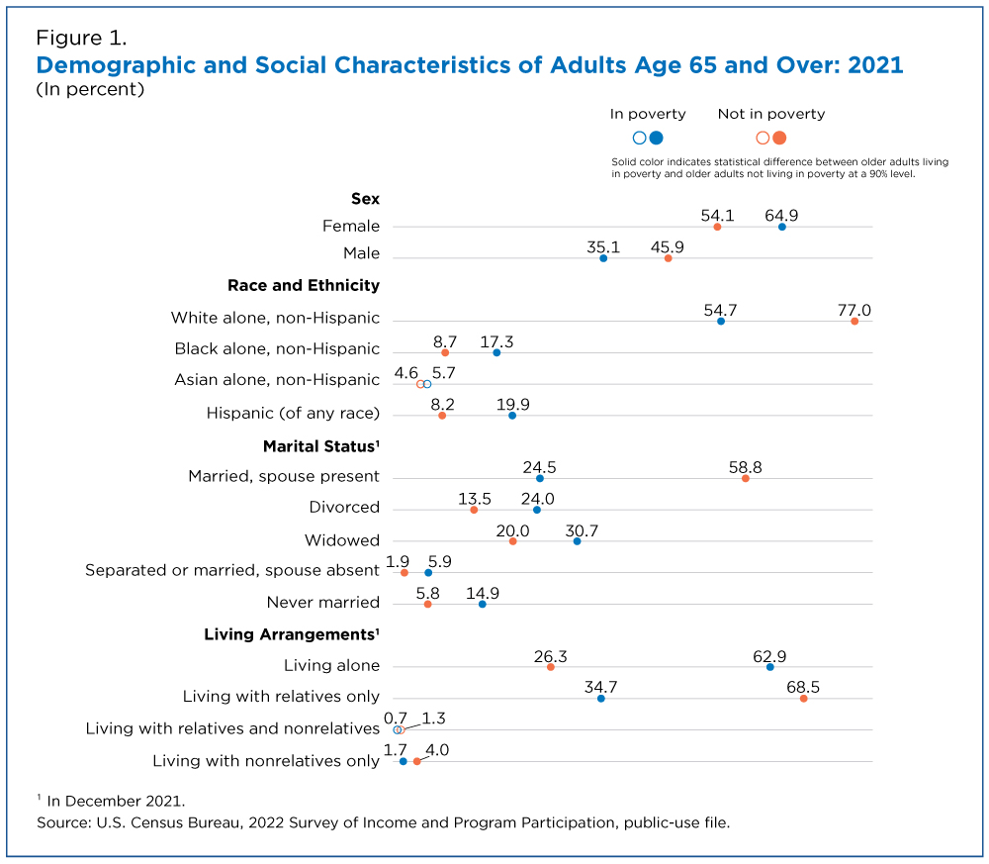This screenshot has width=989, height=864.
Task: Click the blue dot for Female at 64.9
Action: click(782, 227)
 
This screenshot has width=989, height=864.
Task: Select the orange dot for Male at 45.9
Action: click(668, 258)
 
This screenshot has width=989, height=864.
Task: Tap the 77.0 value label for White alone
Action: click(854, 310)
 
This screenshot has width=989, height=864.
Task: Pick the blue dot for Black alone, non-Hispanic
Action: click(496, 352)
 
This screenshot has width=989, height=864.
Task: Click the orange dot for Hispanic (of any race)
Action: click(442, 416)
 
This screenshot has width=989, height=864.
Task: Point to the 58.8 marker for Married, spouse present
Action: click(746, 478)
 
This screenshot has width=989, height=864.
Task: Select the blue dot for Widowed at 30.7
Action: click(578, 541)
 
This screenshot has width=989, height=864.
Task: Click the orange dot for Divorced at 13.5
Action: click(474, 510)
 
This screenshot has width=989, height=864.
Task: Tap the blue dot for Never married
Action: click(483, 604)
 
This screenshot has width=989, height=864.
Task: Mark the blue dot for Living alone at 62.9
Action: click(770, 666)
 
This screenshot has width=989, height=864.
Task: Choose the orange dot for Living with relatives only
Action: click(803, 698)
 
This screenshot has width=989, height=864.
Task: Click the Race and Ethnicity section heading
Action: click(304, 285)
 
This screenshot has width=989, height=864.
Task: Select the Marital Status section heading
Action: click(321, 446)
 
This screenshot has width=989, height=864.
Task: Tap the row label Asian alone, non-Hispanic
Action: click(277, 379)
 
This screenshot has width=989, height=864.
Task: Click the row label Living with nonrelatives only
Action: click(266, 760)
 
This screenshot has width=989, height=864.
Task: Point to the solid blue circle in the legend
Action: click(656, 138)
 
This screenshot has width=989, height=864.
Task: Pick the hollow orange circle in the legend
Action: click(763, 138)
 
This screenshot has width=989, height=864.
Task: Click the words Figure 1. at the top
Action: click(81, 38)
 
